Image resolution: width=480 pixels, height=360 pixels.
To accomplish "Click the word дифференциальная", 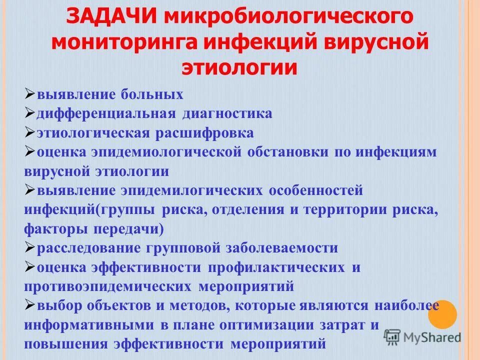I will click(106, 113).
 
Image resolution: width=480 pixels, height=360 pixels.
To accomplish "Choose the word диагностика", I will click(227, 113).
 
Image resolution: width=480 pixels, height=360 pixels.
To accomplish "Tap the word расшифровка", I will click(204, 133).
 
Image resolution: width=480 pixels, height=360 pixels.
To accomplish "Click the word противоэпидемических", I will click(107, 286).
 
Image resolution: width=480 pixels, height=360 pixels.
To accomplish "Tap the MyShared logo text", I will click(432, 337).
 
